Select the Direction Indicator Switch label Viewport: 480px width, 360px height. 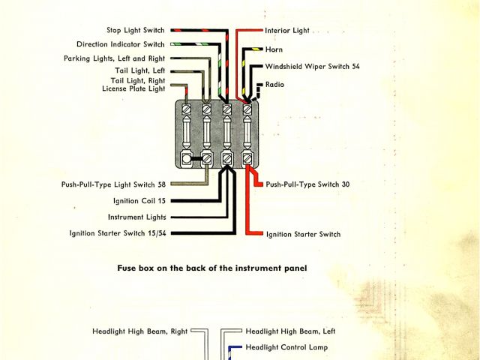click(x=121, y=44)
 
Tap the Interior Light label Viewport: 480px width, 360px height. click(x=287, y=31)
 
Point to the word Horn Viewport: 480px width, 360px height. click(x=274, y=49)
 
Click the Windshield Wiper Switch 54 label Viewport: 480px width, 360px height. click(x=313, y=67)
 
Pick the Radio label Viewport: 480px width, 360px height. click(x=276, y=85)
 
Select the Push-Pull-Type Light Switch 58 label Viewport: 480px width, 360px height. click(x=113, y=184)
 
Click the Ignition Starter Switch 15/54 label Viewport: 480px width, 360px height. click(x=118, y=233)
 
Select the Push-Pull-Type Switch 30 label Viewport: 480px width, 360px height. click(x=307, y=184)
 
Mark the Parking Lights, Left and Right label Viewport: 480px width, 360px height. click(x=114, y=58)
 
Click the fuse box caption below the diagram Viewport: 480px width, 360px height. click(x=211, y=268)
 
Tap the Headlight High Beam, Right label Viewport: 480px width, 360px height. click(x=139, y=331)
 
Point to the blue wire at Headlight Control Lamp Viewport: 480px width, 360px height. click(x=234, y=347)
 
